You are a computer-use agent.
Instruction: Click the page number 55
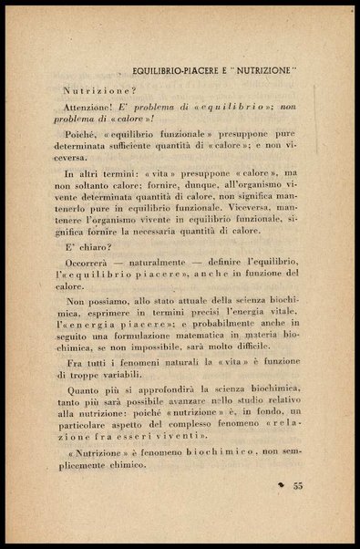pos(297,485)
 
